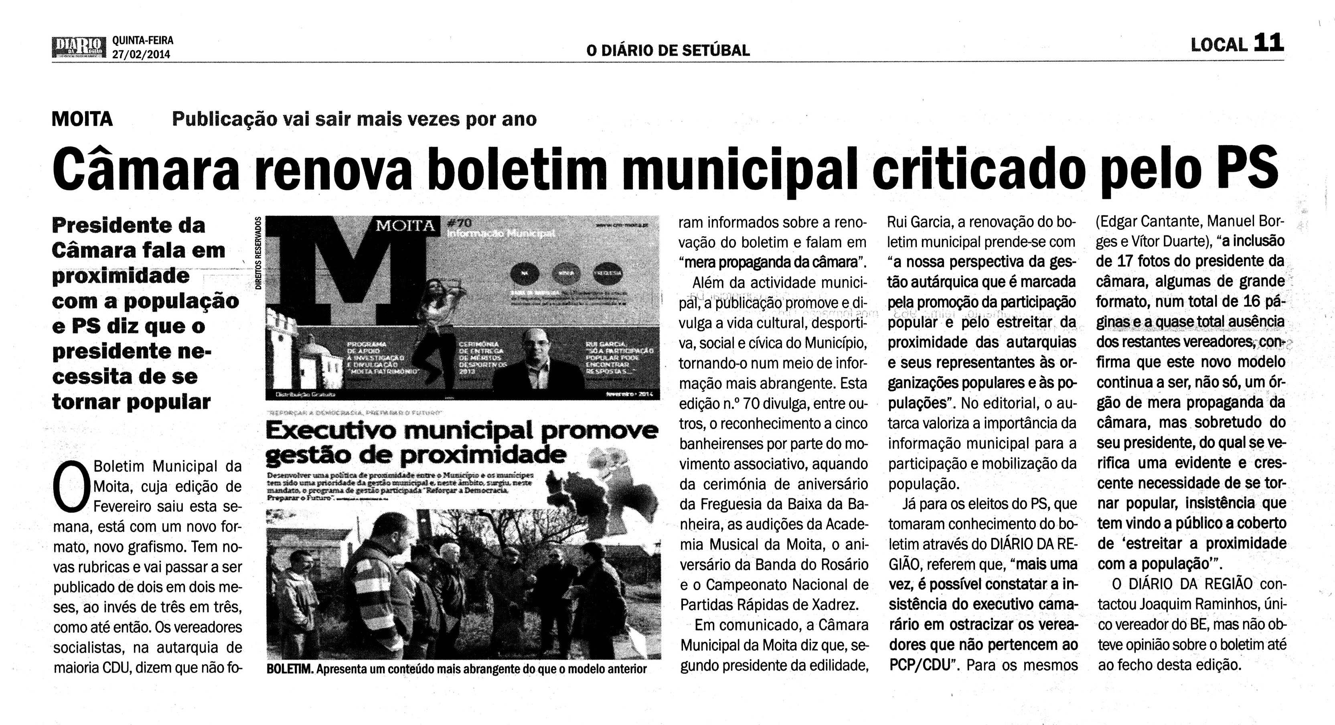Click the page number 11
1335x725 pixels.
(x=1268, y=43)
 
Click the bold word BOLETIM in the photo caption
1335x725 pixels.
(x=289, y=669)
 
